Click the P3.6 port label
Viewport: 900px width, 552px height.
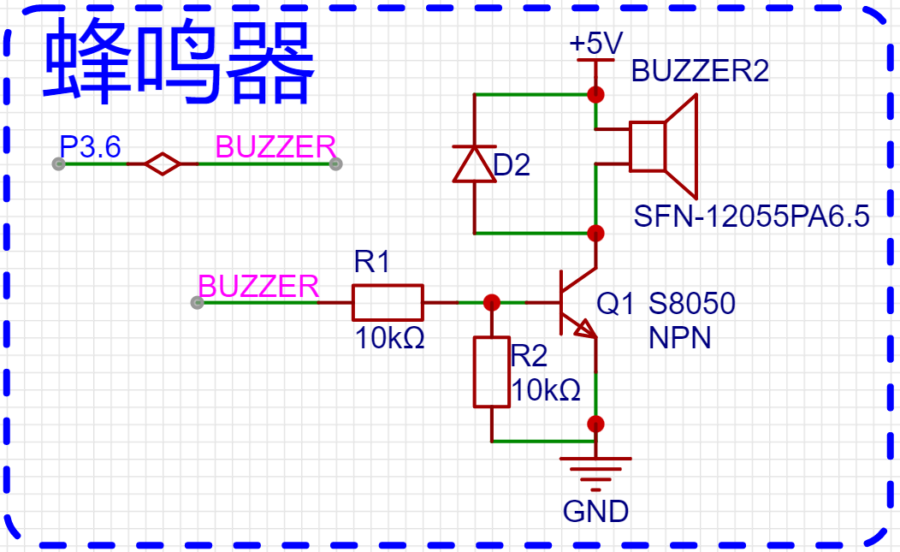(x=90, y=147)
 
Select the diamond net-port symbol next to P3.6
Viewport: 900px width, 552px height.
(x=162, y=163)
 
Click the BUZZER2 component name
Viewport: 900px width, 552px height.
(x=700, y=71)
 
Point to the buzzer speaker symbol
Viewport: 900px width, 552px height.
(x=664, y=145)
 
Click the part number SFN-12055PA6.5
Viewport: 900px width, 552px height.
(x=751, y=217)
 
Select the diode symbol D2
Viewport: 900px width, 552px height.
(x=474, y=163)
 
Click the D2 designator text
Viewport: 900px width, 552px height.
(x=512, y=165)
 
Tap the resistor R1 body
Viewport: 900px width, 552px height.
(x=388, y=302)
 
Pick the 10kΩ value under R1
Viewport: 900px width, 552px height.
(x=390, y=340)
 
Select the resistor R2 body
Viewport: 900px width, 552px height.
(x=492, y=371)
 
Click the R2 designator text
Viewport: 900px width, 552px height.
(x=528, y=356)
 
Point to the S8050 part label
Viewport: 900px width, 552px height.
(x=691, y=303)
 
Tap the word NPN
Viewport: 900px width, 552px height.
(x=679, y=338)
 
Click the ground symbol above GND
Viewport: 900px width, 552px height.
(x=595, y=467)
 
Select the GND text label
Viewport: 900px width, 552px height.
(x=595, y=512)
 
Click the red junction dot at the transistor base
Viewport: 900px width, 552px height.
(x=492, y=302)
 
